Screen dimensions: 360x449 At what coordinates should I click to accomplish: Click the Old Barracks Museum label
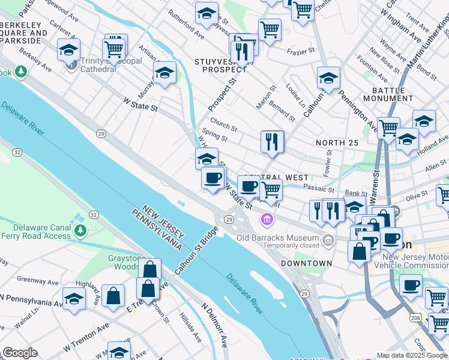277,238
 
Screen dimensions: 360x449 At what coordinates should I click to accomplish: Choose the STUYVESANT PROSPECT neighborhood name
221,65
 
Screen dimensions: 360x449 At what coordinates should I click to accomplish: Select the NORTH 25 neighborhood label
337,142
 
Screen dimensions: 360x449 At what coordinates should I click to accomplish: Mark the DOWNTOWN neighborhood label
306,263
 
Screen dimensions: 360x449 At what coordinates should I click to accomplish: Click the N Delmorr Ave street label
215,324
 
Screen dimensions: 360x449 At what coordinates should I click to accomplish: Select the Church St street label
223,127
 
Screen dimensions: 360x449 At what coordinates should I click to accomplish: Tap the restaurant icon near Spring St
272,142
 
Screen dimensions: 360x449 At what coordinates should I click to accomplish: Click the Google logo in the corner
20,353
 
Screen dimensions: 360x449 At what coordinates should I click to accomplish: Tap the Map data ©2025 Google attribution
411,355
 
